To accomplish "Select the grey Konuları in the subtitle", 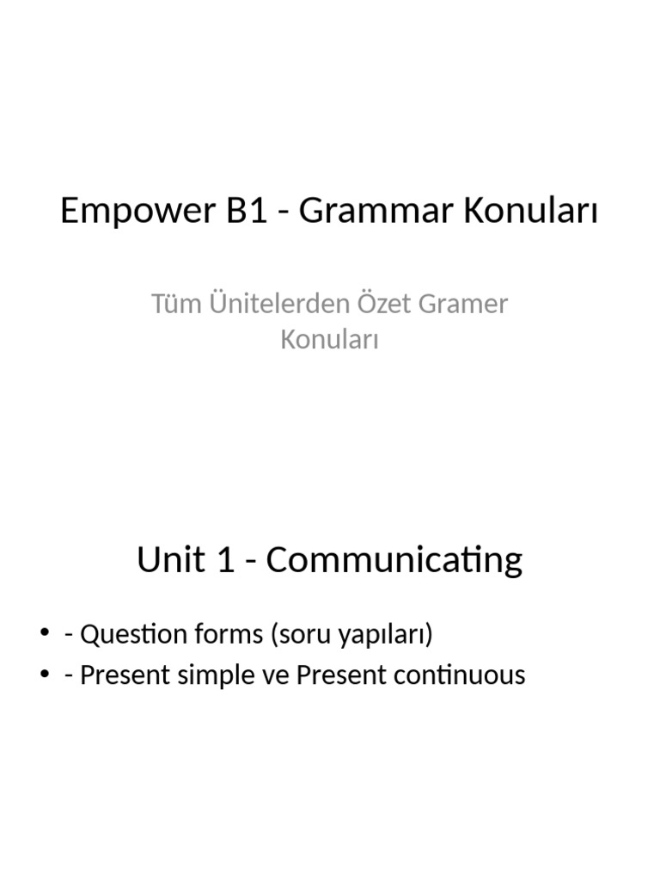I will point(330,340).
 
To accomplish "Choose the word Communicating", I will point(394,560).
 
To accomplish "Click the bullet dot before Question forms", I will point(45,635).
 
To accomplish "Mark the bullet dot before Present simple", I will point(45,675).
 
